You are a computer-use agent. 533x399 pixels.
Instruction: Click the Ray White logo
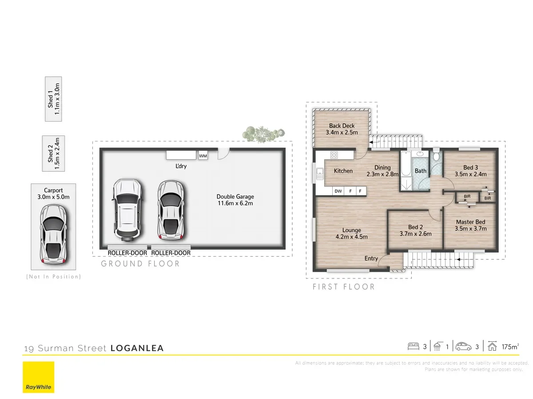39,377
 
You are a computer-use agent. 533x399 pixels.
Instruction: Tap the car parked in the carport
53,234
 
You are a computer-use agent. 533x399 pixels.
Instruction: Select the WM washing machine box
203,156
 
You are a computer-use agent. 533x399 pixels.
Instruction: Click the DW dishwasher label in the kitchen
338,191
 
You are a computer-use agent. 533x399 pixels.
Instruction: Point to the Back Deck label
342,126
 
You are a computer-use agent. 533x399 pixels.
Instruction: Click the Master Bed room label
470,222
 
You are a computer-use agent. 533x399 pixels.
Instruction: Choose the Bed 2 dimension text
415,234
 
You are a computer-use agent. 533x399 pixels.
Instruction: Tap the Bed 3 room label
471,168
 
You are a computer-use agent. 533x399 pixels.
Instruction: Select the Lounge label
351,230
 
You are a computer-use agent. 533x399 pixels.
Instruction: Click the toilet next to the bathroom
436,156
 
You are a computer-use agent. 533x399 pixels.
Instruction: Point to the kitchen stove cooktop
334,155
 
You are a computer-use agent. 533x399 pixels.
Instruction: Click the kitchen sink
319,173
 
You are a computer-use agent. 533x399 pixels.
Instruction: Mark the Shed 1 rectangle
54,99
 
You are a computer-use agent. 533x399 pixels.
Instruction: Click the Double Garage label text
235,197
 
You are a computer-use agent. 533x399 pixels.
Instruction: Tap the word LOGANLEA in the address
137,348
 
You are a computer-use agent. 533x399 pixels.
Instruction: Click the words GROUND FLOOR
140,264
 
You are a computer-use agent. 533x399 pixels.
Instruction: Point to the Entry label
371,258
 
